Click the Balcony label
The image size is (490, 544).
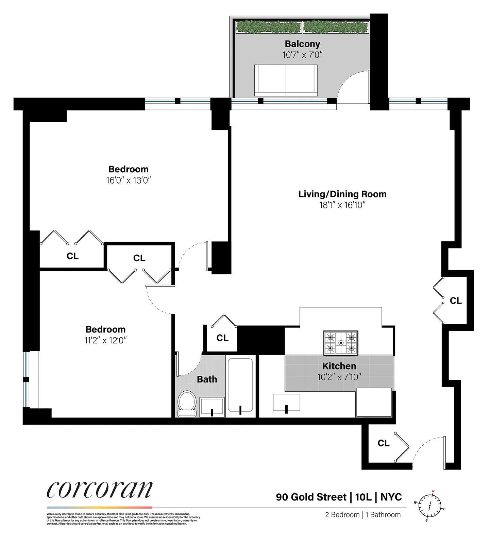point(302,44)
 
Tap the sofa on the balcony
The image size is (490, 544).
point(286,80)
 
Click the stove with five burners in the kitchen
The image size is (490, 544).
point(340,343)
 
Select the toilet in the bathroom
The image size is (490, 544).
point(187,404)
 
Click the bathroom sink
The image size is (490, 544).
point(212,407)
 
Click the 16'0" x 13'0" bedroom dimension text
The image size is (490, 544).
point(128,180)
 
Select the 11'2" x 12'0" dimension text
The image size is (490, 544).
point(105,340)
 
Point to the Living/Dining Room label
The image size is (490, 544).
point(342,194)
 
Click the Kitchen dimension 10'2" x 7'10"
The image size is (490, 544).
point(339,377)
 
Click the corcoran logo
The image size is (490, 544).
point(100,490)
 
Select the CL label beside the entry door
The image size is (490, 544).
point(383,443)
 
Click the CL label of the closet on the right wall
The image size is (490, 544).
point(456,301)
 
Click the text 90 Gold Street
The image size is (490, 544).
point(311,497)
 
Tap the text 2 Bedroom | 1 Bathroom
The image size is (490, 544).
point(362,515)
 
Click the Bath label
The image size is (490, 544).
point(207,379)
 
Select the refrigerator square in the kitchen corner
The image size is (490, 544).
point(374,402)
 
